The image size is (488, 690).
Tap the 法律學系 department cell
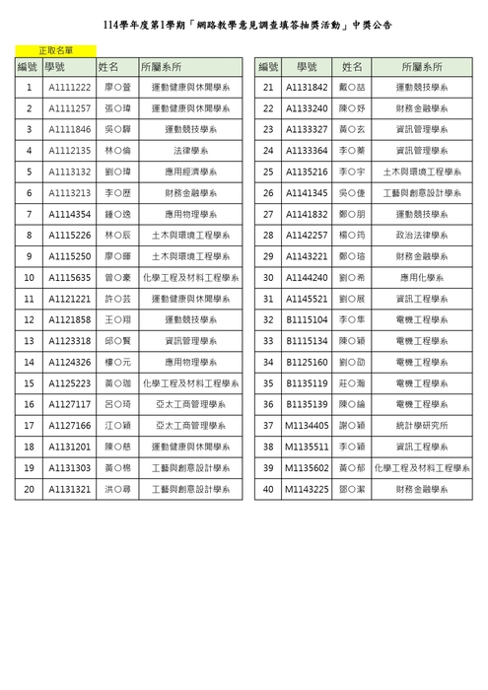click(x=191, y=151)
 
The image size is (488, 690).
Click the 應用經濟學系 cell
click(x=191, y=172)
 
